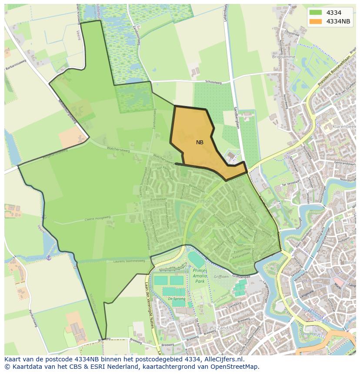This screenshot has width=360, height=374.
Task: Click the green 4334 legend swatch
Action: point(316,13)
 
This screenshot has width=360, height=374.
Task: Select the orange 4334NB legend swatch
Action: point(316,21)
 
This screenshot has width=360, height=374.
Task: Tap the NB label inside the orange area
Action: point(200,142)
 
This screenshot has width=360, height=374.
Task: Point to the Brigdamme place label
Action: point(284,57)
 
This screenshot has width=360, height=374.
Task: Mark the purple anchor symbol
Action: point(49,258)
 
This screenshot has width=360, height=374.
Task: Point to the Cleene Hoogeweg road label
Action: point(96,218)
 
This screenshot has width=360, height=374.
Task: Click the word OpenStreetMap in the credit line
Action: point(237,367)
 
